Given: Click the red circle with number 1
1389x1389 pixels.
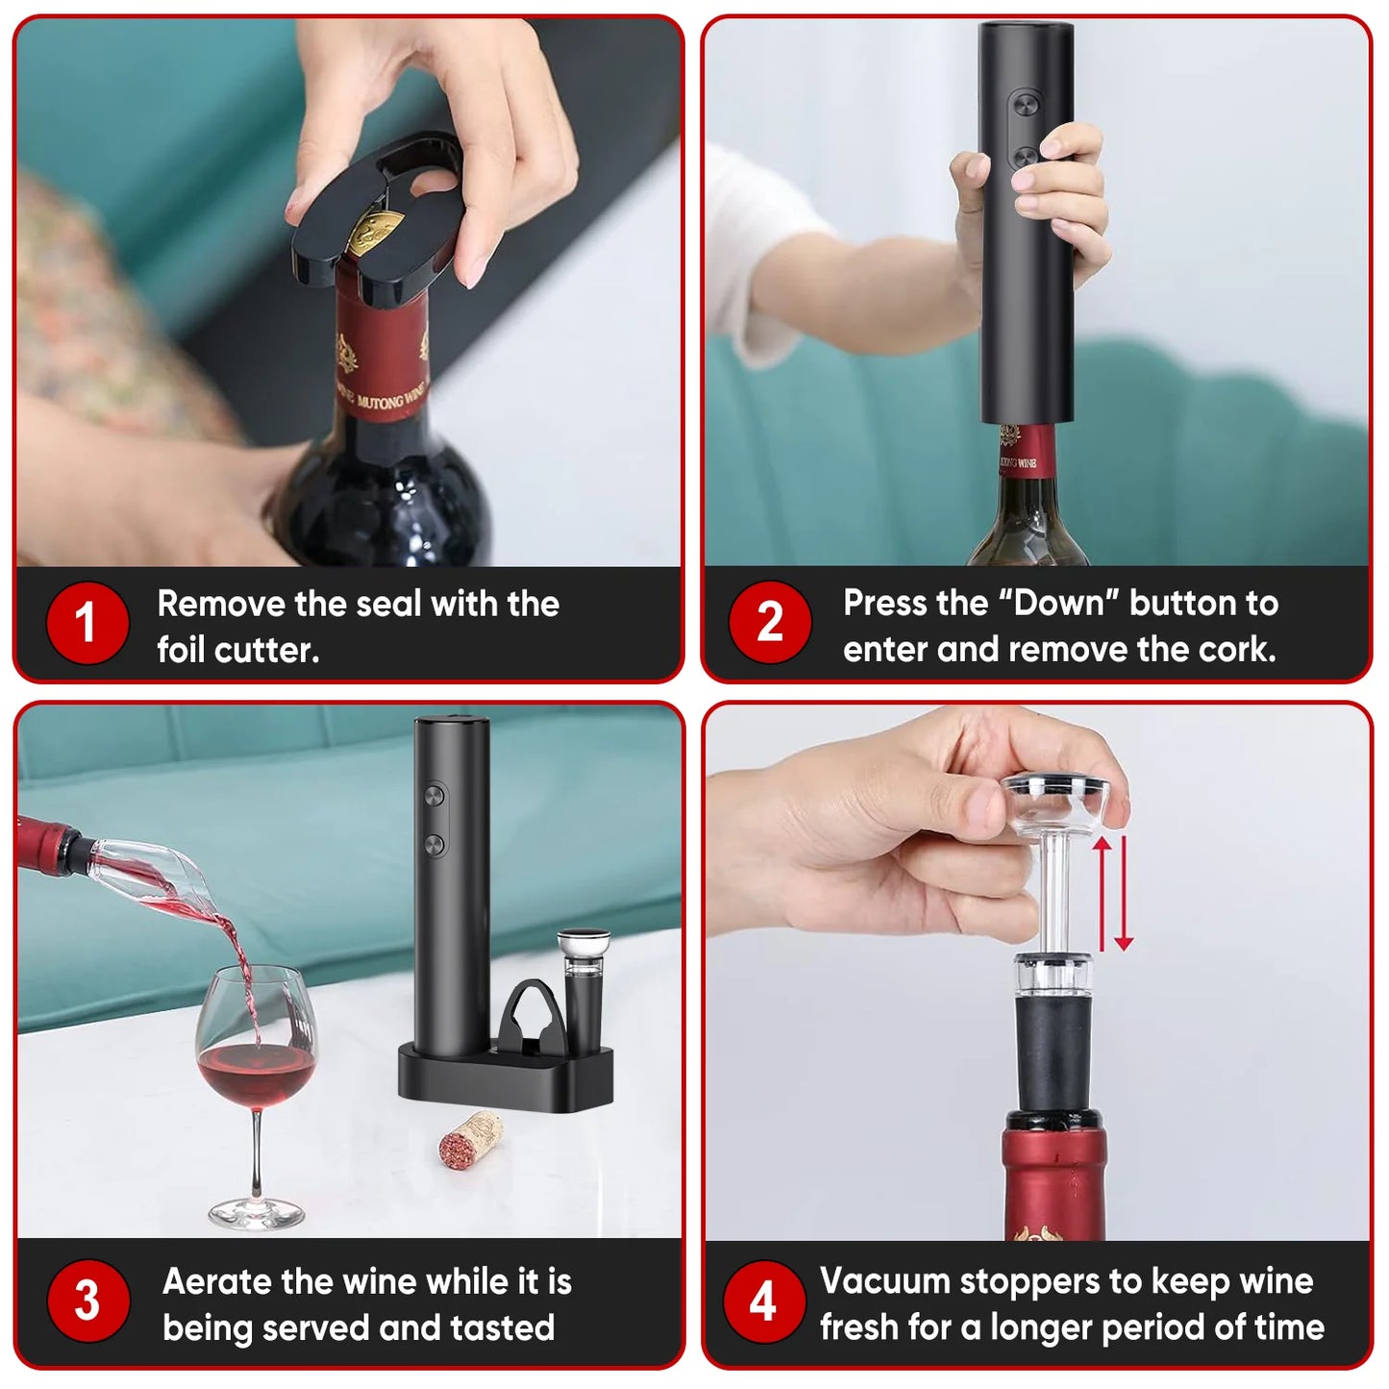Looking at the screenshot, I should click(x=87, y=623).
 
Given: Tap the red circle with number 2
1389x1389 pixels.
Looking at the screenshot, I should click(x=770, y=622).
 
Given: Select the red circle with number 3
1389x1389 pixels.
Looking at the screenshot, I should click(x=87, y=1301).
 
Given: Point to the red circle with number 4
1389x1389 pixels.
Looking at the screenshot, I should click(x=763, y=1301).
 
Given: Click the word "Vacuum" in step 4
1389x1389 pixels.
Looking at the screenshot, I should click(x=884, y=1281).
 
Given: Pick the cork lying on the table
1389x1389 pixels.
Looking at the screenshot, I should click(x=470, y=1140).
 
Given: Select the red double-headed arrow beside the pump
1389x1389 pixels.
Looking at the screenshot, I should click(x=1112, y=893).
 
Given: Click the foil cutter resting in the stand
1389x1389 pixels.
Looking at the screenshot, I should click(x=533, y=1015).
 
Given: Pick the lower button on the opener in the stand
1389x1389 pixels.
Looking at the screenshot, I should click(x=434, y=845).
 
